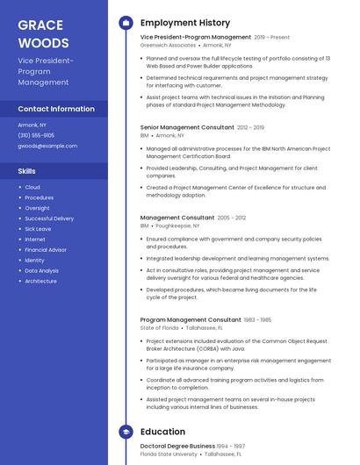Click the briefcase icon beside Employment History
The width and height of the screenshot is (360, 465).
[126, 23]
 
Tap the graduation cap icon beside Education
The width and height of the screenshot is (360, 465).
[126, 432]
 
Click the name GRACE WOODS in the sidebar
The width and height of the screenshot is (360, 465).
[43, 34]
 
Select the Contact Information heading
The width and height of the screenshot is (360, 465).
[56, 109]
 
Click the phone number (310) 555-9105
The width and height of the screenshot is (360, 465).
[36, 135]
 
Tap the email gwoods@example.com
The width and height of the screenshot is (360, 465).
[47, 146]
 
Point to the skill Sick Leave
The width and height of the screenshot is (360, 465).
[38, 229]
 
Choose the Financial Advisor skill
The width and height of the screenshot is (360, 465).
[46, 250]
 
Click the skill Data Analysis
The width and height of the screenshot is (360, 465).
[42, 271]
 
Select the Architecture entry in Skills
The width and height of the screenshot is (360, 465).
[40, 282]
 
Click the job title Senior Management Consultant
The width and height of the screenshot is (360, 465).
[187, 127]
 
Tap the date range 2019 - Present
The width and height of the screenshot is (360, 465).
[271, 38]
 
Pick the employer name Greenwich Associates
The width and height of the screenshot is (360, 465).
[168, 45]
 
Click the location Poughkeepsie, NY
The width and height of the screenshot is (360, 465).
[178, 225]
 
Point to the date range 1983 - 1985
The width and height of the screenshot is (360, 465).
[257, 320]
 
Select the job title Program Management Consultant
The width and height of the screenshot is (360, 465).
[190, 320]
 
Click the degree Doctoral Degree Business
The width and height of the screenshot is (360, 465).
[177, 446]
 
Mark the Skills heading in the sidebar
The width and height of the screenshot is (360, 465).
[27, 171]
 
